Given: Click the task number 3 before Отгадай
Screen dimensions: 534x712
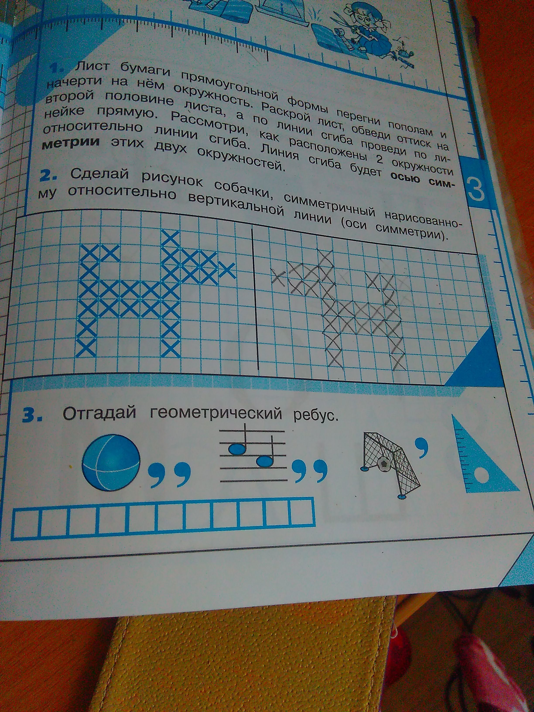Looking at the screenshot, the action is pyautogui.click(x=32, y=416).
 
